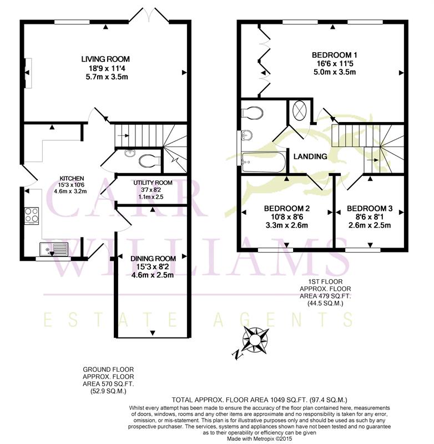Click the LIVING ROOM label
[105, 59]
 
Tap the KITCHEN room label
[72, 178]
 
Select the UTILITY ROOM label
[153, 183]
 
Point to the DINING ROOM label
[153, 259]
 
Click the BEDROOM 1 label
[334, 55]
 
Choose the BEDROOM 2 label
[287, 209]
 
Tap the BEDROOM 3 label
[370, 209]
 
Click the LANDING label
[310, 157]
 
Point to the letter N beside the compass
[236, 354]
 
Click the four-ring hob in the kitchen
[32, 216]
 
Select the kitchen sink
[54, 250]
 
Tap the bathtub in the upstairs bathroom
[264, 162]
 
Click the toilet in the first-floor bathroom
[251, 112]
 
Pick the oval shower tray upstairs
[300, 110]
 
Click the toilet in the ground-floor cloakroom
[150, 161]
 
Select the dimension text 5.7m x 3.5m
[107, 77]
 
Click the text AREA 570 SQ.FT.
[108, 384]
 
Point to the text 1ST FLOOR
[325, 282]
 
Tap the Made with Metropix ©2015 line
[260, 438]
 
